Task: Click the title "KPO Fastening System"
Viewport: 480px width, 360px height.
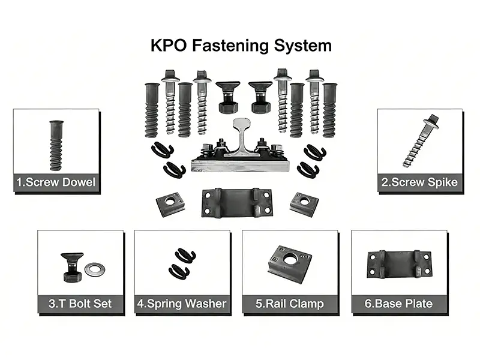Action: pos(239,45)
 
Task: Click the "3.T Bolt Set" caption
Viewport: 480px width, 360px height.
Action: pos(80,304)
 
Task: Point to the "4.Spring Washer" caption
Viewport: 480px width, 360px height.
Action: pos(182,304)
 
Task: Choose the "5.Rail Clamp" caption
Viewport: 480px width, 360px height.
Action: pos(290,304)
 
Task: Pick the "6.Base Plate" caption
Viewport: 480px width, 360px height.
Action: pos(398,304)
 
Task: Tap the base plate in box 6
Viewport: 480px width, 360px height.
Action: pos(399,263)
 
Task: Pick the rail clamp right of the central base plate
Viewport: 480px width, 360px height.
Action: pos(304,203)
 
